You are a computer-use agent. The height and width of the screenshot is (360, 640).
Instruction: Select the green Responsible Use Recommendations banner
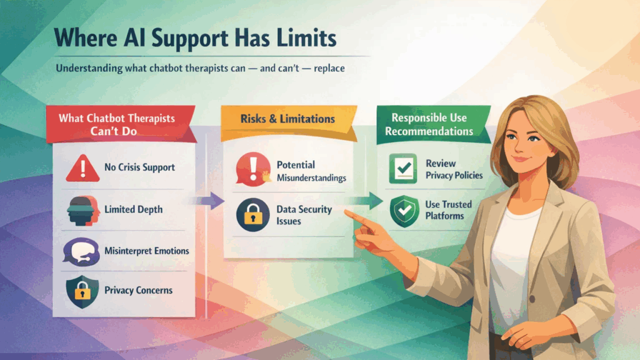[x=431, y=124]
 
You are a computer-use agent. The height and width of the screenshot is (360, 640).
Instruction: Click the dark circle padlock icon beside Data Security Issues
[x=252, y=214]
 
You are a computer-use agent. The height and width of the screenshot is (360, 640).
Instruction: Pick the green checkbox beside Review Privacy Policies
[x=403, y=169]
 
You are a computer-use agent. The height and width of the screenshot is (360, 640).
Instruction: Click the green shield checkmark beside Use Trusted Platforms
[x=403, y=210]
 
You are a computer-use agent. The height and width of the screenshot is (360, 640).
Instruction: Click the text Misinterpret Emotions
[x=147, y=251]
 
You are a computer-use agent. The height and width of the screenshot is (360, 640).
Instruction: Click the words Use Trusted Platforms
[x=448, y=210]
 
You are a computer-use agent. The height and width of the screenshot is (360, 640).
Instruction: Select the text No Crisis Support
[x=139, y=167]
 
